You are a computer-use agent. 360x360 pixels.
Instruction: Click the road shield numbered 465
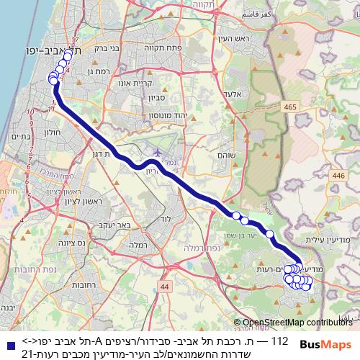(289, 107)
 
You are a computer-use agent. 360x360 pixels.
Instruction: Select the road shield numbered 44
(166, 287)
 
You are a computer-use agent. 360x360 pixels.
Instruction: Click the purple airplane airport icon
(158, 153)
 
